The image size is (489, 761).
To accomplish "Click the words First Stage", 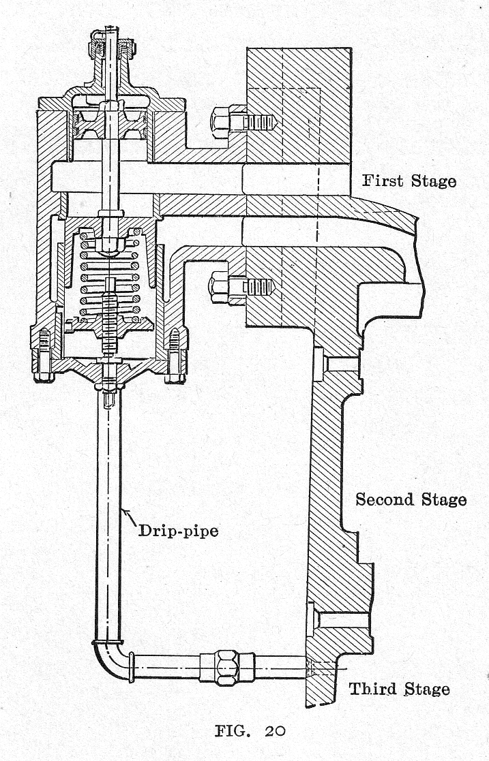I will click(x=409, y=181).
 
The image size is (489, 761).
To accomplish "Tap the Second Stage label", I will click(x=411, y=499).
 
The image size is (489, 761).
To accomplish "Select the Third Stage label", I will click(x=399, y=689).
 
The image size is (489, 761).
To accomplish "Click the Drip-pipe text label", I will click(x=178, y=530).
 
